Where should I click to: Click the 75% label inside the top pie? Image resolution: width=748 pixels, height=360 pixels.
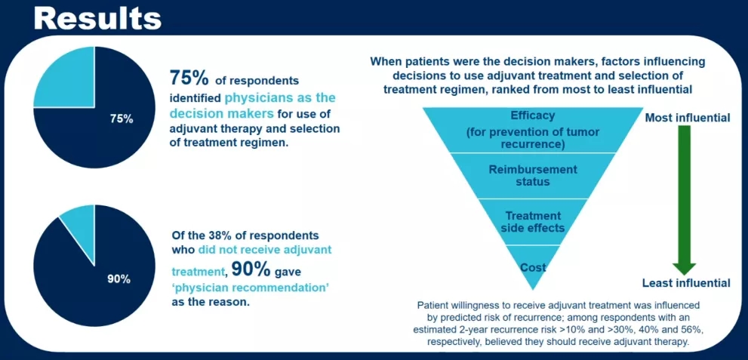pyautogui.click(x=122, y=118)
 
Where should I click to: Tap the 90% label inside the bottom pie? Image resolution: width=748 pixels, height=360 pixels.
pyautogui.click(x=119, y=278)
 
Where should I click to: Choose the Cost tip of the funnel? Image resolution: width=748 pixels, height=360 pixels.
pyautogui.click(x=534, y=267)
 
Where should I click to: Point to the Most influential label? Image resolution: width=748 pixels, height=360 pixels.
pyautogui.click(x=686, y=118)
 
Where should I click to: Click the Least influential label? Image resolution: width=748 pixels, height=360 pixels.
pyautogui.click(x=686, y=283)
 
